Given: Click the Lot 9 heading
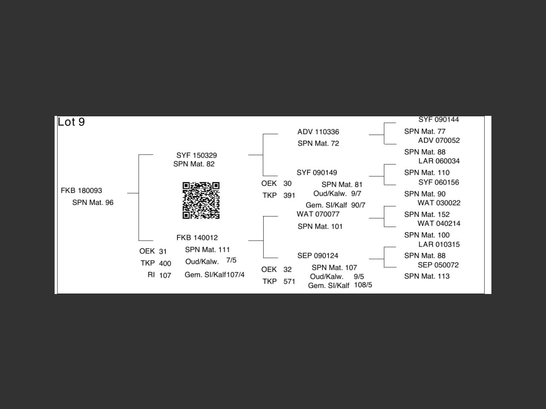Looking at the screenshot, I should click(71, 122).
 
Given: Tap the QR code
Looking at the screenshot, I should click(201, 200).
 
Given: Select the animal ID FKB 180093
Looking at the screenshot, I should click(81, 190).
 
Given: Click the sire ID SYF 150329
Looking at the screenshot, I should click(197, 155).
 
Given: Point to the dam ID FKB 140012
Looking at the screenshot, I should click(197, 238).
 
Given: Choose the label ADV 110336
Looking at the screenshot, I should click(318, 132).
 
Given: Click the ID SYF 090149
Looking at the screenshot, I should click(317, 173).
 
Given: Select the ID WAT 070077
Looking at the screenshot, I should click(318, 214).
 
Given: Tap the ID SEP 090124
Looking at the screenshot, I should click(318, 256).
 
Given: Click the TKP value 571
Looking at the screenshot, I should click(289, 281).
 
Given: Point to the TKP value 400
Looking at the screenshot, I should click(165, 263).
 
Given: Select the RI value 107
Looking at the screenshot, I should click(165, 275).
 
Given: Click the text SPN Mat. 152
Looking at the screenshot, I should click(427, 214).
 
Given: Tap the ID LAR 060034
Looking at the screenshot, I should click(439, 161).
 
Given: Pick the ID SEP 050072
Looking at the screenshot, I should click(438, 265).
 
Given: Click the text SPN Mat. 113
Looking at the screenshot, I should click(427, 276).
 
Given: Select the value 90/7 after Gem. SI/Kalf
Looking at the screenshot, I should click(358, 205).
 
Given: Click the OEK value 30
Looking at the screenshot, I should click(288, 184).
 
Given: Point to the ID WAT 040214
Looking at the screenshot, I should click(439, 223).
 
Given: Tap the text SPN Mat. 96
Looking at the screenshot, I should click(93, 202).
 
